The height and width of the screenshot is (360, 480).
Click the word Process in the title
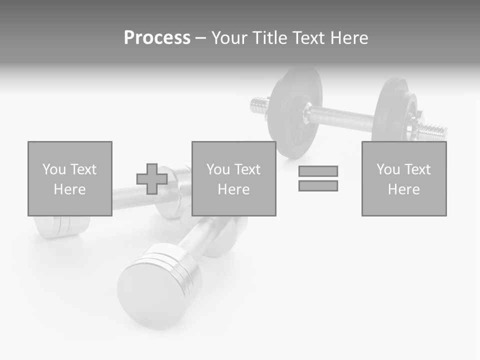tap(157, 37)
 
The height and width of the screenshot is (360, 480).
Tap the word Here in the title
tap(348, 37)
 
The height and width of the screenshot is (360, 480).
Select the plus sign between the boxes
tap(152, 179)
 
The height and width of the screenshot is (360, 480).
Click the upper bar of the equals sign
tap(318, 171)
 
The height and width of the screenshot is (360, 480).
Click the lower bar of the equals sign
tap(318, 185)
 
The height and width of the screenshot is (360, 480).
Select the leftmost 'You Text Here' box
tap(69, 178)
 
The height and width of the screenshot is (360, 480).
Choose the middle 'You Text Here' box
tap(233, 178)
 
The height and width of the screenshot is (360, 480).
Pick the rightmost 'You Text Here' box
tap(403, 178)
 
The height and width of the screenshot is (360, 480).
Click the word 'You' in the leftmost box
tap(53, 169)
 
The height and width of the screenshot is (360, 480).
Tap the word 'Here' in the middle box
tap(233, 189)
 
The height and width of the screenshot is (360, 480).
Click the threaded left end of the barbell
tap(259, 105)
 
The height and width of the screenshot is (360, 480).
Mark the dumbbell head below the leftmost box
tap(55, 226)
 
